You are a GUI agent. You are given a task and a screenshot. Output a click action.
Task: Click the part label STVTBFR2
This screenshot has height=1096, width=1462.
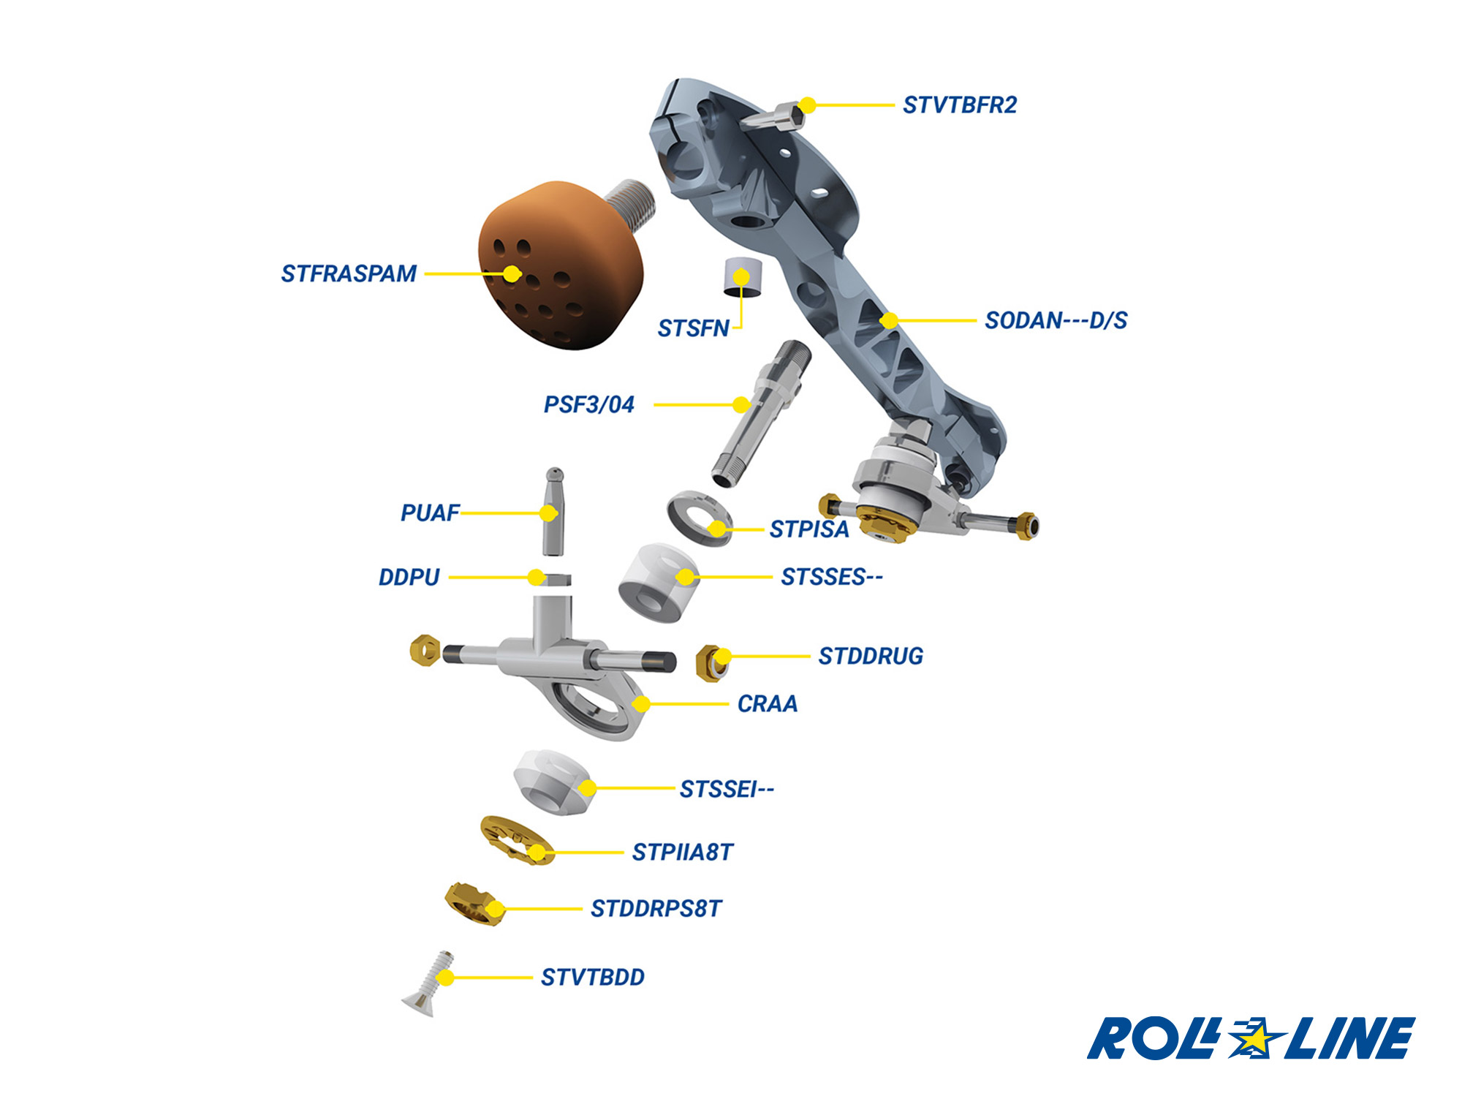(959, 105)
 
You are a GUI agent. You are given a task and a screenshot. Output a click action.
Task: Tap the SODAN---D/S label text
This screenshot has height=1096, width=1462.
(1056, 320)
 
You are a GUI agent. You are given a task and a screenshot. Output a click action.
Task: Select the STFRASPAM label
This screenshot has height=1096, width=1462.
(349, 273)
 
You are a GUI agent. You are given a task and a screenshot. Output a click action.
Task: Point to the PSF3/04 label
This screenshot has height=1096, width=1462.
(588, 404)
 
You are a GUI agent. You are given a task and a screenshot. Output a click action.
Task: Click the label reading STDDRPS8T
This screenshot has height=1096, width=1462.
(656, 909)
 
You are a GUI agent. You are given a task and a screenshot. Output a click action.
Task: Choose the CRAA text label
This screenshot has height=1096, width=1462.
(767, 703)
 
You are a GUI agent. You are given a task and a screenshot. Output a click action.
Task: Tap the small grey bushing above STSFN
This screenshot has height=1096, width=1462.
(741, 277)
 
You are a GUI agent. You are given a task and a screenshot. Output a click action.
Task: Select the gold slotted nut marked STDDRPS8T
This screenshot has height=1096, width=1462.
(474, 904)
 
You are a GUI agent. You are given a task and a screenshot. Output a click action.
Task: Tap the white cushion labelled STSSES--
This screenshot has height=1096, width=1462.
(658, 582)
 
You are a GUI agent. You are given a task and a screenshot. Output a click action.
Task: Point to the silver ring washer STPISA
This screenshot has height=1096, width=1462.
(698, 517)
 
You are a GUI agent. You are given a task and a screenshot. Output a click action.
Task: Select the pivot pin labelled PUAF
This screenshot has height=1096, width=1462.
(554, 512)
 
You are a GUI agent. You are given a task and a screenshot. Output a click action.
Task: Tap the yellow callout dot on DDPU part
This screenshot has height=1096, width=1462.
(537, 578)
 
